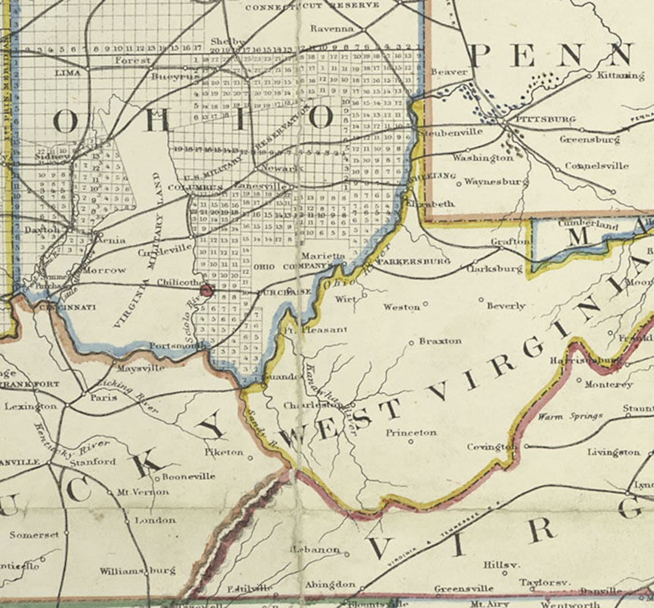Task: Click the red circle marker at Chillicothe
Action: click(x=207, y=291)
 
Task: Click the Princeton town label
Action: click(x=411, y=432)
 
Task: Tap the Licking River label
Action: click(x=128, y=395)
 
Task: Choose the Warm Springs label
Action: click(x=570, y=416)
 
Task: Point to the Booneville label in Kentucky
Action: click(x=188, y=476)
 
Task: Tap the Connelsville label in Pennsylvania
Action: click(x=596, y=166)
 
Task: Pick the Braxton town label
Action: click(x=440, y=341)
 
